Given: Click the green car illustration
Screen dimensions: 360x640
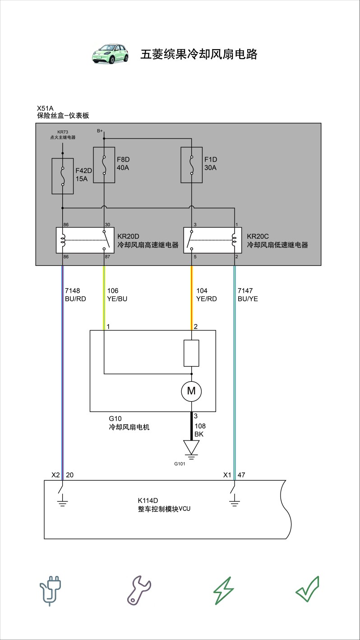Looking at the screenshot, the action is [x=110, y=54].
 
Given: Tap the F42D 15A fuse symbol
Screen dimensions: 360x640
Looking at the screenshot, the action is [x=63, y=176].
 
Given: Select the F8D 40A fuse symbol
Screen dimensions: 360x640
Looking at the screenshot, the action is [x=104, y=165].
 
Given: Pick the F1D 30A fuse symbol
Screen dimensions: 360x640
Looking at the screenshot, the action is [x=192, y=165].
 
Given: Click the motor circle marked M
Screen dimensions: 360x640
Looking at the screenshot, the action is [x=191, y=391].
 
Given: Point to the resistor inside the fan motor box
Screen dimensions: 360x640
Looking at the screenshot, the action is [x=191, y=353].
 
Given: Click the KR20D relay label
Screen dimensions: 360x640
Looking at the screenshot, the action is [x=148, y=241].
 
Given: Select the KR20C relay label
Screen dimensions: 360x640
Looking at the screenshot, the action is [x=277, y=241].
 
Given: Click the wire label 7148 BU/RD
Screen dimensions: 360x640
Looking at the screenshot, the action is [x=75, y=295].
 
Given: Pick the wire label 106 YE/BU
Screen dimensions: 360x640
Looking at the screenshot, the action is [x=117, y=295].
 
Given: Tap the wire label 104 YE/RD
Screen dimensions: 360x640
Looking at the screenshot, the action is [x=207, y=295].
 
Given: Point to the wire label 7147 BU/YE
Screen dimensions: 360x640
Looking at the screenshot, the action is [x=248, y=295].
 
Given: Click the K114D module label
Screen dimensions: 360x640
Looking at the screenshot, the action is [x=164, y=505].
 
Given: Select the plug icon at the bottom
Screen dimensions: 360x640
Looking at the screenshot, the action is [x=50, y=590].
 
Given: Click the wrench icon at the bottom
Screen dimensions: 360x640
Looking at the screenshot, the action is [x=139, y=590].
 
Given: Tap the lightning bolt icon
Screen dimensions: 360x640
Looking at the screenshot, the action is [x=224, y=590].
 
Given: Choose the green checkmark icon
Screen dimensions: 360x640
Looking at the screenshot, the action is [x=308, y=589].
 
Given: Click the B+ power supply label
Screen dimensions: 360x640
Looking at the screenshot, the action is [x=100, y=131].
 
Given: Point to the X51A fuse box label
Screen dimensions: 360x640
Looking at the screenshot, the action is [x=63, y=112].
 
